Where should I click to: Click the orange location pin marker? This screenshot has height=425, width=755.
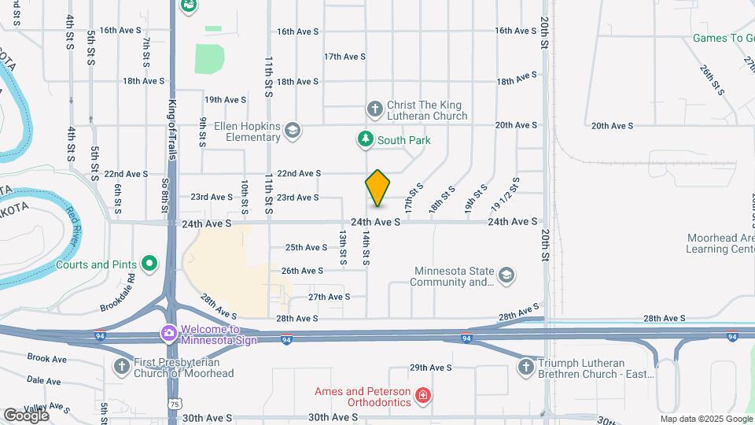pos(378,188)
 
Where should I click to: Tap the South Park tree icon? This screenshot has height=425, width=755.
pos(365,140)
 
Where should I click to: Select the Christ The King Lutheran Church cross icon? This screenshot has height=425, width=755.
pos(375,108)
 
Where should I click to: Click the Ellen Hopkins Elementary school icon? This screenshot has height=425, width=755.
pos(293,131)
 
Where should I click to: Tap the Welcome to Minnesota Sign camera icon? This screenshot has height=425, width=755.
pos(168,334)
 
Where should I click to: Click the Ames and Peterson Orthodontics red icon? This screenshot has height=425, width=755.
pos(423,395)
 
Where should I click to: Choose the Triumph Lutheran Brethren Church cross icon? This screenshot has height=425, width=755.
pos(526,367)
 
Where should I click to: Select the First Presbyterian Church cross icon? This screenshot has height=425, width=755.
pos(121,366)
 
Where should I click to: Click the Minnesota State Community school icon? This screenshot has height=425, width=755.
pos(507,275)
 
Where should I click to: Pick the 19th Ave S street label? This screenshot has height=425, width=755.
pos(226,100)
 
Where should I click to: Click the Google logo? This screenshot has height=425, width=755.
pos(26,415)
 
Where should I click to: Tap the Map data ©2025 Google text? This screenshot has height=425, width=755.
pos(705,419)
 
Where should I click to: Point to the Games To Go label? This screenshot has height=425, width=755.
pos(723,38)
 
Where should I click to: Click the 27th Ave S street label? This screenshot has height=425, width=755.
pos(329,297)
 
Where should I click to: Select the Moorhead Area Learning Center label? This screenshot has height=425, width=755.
pos(719,243)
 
